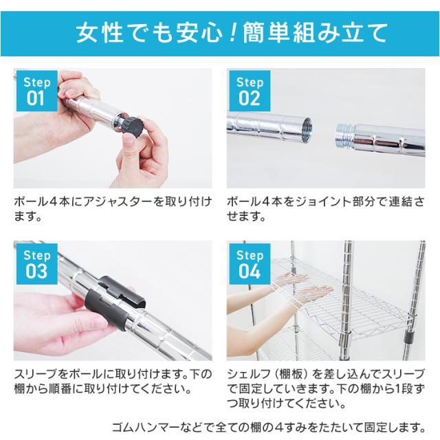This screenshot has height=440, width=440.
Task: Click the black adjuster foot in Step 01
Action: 132,126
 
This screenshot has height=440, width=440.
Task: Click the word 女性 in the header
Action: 94,32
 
